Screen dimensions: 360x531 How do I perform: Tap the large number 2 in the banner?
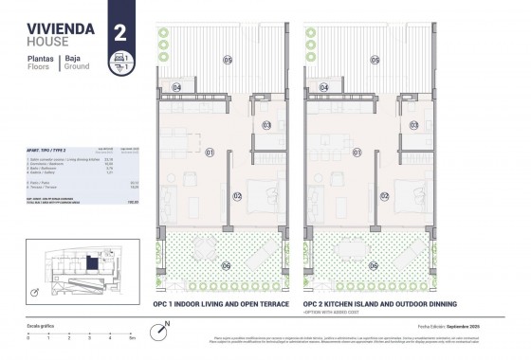click(x=120, y=31)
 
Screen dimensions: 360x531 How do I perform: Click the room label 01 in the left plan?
click(x=210, y=152)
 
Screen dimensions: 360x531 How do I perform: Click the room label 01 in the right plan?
click(x=357, y=152)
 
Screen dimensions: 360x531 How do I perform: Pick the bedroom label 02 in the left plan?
click(x=238, y=196)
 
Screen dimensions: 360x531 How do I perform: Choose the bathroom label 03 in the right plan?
click(x=413, y=125)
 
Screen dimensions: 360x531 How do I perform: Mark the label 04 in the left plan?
click(x=177, y=88)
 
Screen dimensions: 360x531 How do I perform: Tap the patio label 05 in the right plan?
click(x=375, y=61)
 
